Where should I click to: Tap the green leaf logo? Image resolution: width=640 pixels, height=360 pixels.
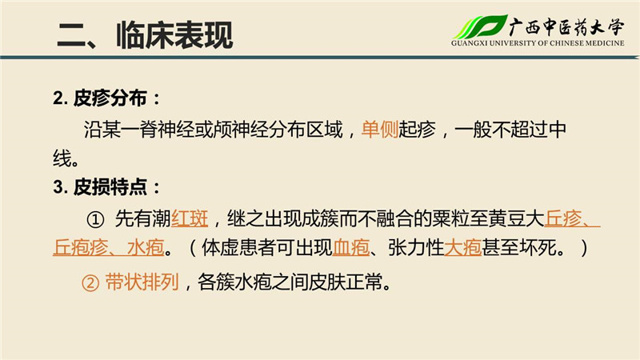(481, 27)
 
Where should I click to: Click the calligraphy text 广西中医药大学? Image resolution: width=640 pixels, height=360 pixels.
(566, 27)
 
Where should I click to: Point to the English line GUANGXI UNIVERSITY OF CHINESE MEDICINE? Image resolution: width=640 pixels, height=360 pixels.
(538, 43)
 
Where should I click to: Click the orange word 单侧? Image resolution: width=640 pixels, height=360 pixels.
(379, 130)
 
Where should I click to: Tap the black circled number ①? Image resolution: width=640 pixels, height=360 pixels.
(95, 220)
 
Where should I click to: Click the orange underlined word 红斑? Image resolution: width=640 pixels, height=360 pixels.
(190, 218)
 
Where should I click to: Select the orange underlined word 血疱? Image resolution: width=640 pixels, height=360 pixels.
(351, 247)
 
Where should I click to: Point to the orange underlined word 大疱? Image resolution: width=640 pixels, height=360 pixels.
(462, 247)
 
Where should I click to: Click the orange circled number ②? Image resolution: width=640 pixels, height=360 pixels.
(90, 283)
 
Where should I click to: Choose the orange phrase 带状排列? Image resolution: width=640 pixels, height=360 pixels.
(142, 282)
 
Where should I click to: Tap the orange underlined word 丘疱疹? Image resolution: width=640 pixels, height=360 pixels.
(81, 247)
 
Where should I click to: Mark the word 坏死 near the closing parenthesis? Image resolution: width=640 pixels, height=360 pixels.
(537, 247)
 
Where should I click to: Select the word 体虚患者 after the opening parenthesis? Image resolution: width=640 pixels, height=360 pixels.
(238, 247)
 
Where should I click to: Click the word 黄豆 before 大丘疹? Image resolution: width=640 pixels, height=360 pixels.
(507, 218)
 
